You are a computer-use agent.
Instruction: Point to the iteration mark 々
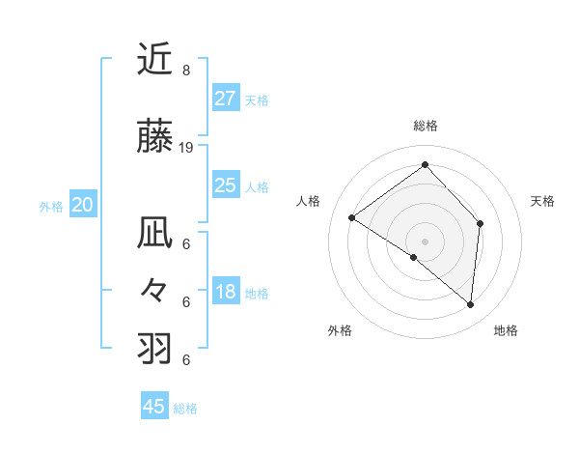point(154,291)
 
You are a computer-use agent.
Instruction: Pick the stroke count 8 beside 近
point(185,71)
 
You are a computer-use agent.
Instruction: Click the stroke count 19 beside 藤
point(186,148)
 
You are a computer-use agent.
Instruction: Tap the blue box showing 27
point(225,98)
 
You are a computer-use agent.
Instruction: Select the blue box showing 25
point(225,185)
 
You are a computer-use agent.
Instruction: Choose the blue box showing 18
point(225,292)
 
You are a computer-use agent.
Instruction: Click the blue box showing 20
point(83,205)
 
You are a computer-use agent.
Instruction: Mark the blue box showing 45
point(154,407)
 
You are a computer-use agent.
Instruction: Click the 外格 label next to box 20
point(51,207)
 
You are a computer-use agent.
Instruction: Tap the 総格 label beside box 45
point(185,409)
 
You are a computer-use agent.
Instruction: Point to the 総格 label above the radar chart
point(425,126)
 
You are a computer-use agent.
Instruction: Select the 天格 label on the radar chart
point(542,201)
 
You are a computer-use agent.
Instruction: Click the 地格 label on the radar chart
point(506,330)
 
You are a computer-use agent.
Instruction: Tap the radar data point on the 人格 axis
point(352,217)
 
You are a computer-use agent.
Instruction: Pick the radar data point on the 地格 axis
point(470,304)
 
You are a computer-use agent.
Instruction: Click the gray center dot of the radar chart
point(425,241)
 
